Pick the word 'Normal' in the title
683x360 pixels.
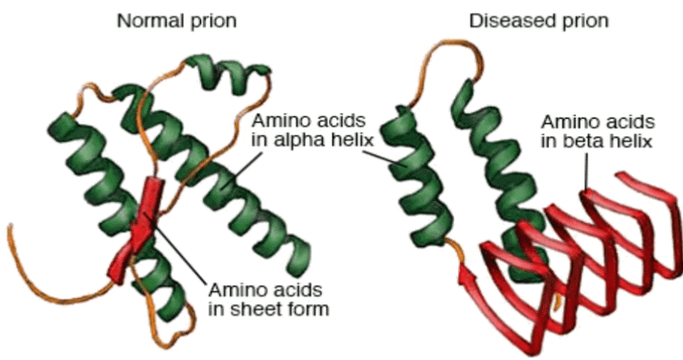coord(146,18)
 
